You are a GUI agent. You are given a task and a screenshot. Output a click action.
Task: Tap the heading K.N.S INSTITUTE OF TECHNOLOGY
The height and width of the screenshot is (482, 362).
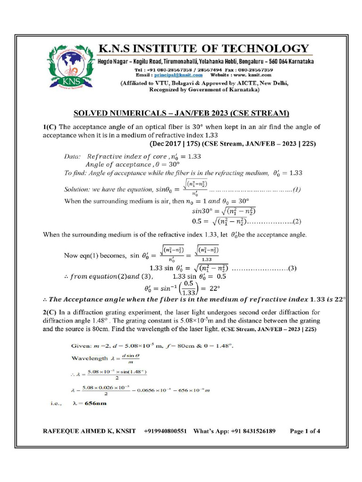(204, 49)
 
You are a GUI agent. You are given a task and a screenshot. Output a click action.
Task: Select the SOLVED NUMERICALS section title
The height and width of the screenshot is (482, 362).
(181, 113)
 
